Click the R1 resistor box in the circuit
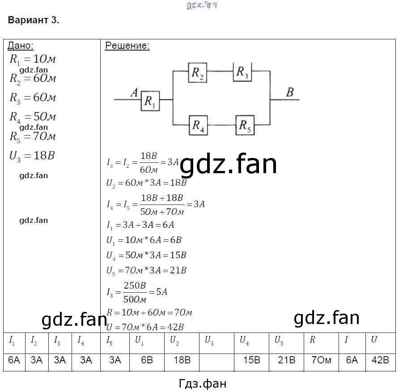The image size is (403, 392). point(150,101)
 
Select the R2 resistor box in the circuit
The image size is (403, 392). point(198,72)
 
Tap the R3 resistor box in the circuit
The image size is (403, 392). point(242,72)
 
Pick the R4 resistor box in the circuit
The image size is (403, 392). point(198,125)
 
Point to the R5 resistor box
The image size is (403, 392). point(245,125)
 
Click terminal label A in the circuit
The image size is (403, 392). point(133,93)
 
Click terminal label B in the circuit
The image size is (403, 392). point(289,93)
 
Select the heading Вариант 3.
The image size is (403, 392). point(34,20)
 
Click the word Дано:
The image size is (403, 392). point(21,46)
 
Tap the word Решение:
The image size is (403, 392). point(127,46)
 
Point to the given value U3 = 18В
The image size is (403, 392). point(32,156)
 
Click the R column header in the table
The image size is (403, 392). point(313,340)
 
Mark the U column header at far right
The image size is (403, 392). point(374,340)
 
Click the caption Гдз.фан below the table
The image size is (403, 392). point(202,383)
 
